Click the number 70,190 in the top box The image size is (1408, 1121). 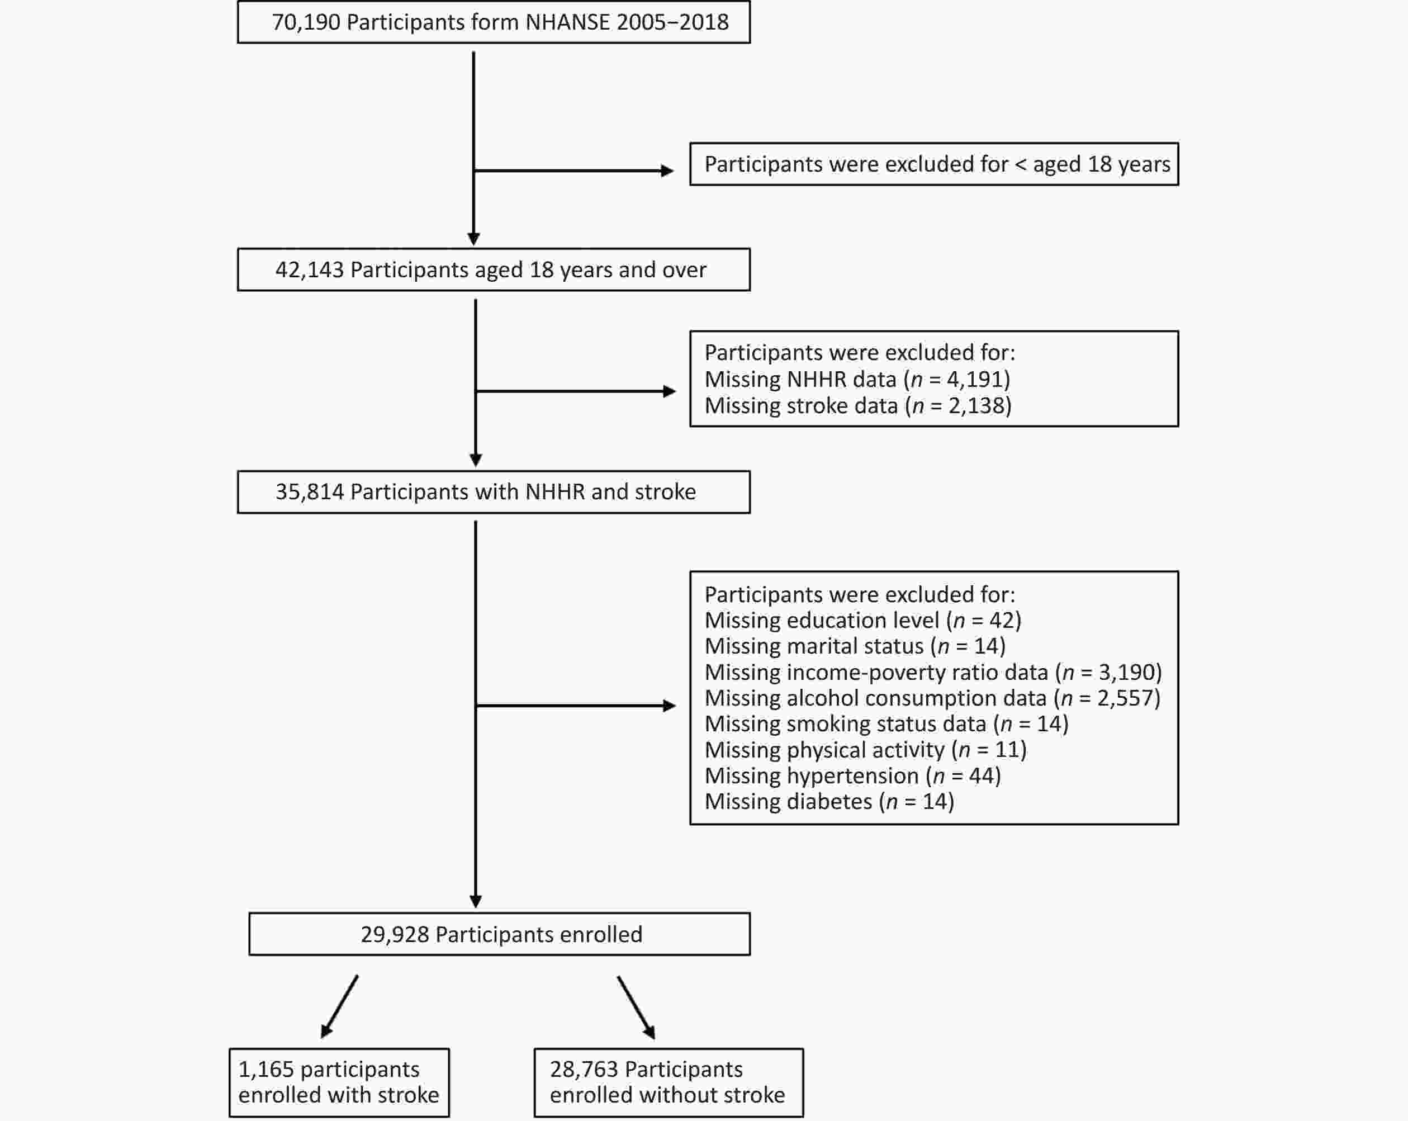[x=306, y=23]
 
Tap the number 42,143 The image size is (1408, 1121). [x=310, y=271]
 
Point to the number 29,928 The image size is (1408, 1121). [x=395, y=935]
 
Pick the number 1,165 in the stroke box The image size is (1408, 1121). [x=266, y=1070]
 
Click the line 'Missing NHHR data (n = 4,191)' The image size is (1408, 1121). [x=857, y=380]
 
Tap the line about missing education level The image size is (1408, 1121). [x=862, y=621]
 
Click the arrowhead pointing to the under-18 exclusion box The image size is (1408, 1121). [x=667, y=171]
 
